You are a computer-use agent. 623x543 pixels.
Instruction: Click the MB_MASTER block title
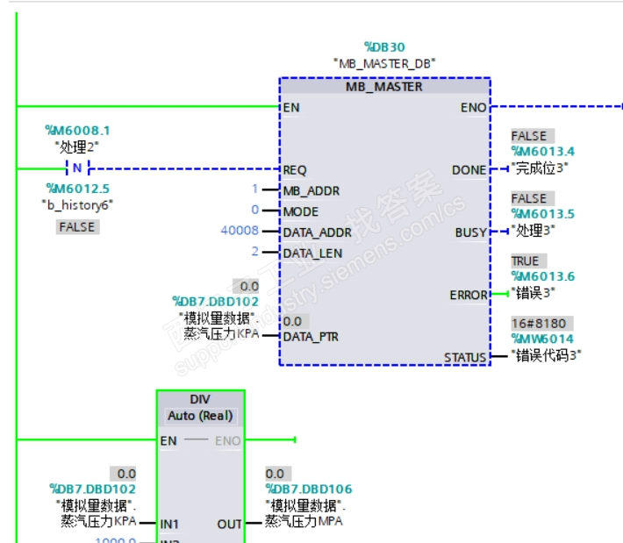(x=383, y=87)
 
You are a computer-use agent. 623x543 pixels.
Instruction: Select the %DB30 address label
(x=384, y=46)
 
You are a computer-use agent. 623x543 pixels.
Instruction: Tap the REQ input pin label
(x=295, y=169)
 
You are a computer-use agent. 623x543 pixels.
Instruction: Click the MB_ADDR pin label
(x=311, y=190)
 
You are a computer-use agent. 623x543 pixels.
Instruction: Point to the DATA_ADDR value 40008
(x=240, y=232)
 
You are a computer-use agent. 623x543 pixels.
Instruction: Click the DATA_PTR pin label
(x=311, y=336)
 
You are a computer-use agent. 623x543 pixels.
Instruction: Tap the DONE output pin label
(x=469, y=169)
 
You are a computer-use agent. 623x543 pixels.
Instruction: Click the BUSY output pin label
(x=470, y=232)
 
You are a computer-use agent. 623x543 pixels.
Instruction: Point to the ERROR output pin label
(x=468, y=296)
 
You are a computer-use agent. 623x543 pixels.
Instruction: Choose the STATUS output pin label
(x=465, y=357)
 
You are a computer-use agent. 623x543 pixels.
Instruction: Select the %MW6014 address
(x=542, y=339)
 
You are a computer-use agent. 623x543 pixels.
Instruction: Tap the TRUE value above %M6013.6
(x=526, y=261)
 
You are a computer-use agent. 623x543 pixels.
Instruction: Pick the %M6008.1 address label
(x=78, y=131)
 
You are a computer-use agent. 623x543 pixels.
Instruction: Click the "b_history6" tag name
(x=78, y=204)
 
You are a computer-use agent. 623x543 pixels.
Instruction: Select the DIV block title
(x=200, y=399)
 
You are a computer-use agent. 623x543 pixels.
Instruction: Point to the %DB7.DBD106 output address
(x=308, y=489)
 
